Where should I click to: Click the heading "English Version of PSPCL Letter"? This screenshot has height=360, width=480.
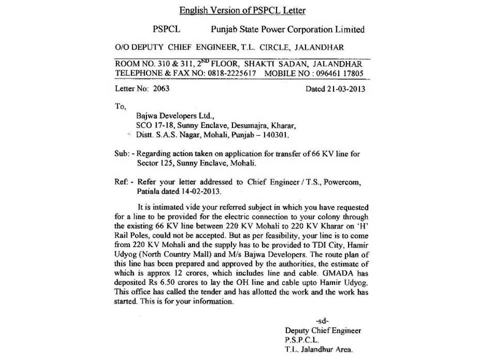tap(242, 10)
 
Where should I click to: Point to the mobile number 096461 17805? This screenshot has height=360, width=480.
tap(339, 73)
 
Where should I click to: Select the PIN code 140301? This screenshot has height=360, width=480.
tap(275, 135)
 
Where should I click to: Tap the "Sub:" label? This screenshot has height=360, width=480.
tap(123, 154)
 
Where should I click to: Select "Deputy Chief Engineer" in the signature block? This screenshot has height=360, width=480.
tap(322, 330)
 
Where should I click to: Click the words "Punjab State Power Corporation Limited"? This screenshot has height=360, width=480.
tap(288, 29)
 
